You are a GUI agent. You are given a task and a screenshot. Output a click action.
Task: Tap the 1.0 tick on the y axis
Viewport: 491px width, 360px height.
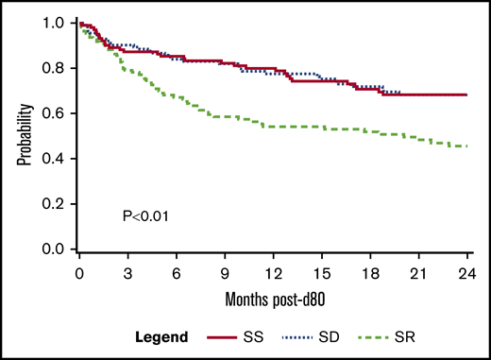pos(59,23)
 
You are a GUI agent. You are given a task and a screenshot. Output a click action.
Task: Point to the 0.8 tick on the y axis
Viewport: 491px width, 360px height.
pos(59,68)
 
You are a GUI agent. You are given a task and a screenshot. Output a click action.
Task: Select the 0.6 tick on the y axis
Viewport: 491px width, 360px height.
pos(59,113)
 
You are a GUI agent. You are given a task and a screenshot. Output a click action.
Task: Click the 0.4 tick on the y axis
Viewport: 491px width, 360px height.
pos(59,159)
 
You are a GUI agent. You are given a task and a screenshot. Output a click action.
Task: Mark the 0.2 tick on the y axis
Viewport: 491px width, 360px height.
pos(59,204)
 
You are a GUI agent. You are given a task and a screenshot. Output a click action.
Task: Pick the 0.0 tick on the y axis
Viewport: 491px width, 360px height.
pos(59,249)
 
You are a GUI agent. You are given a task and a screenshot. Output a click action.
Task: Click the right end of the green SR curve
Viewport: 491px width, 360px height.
pos(466,146)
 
